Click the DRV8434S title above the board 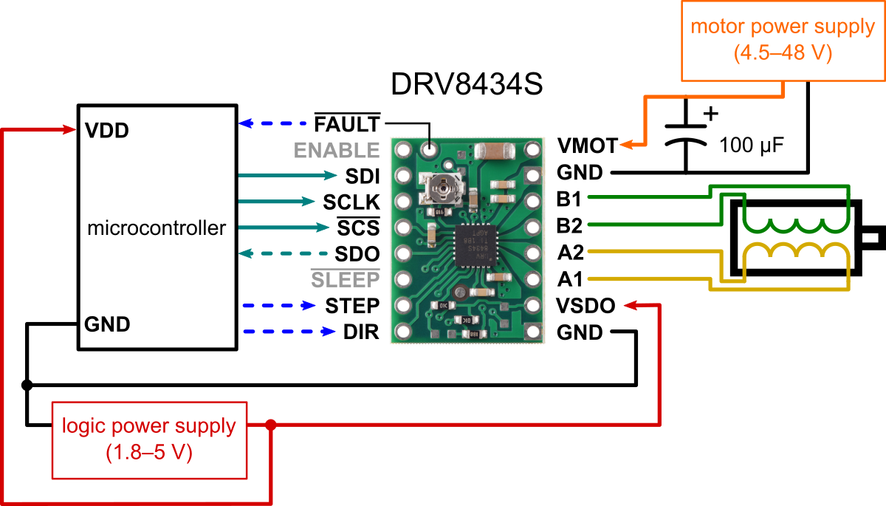pyautogui.click(x=467, y=85)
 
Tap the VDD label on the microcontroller pyautogui.click(x=107, y=131)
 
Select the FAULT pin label pyautogui.click(x=347, y=123)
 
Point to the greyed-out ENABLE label pyautogui.click(x=337, y=150)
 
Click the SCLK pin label pyautogui.click(x=351, y=202)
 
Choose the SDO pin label pyautogui.click(x=357, y=254)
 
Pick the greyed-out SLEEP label pyautogui.click(x=345, y=280)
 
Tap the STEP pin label pyautogui.click(x=352, y=306)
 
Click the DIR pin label pyautogui.click(x=361, y=332)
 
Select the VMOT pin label pyautogui.click(x=588, y=145)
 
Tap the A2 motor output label pyautogui.click(x=571, y=253)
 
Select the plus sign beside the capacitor pyautogui.click(x=711, y=114)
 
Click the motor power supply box pyautogui.click(x=782, y=41)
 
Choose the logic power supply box pyautogui.click(x=148, y=439)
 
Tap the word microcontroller pyautogui.click(x=157, y=228)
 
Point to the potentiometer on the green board pyautogui.click(x=442, y=190)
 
